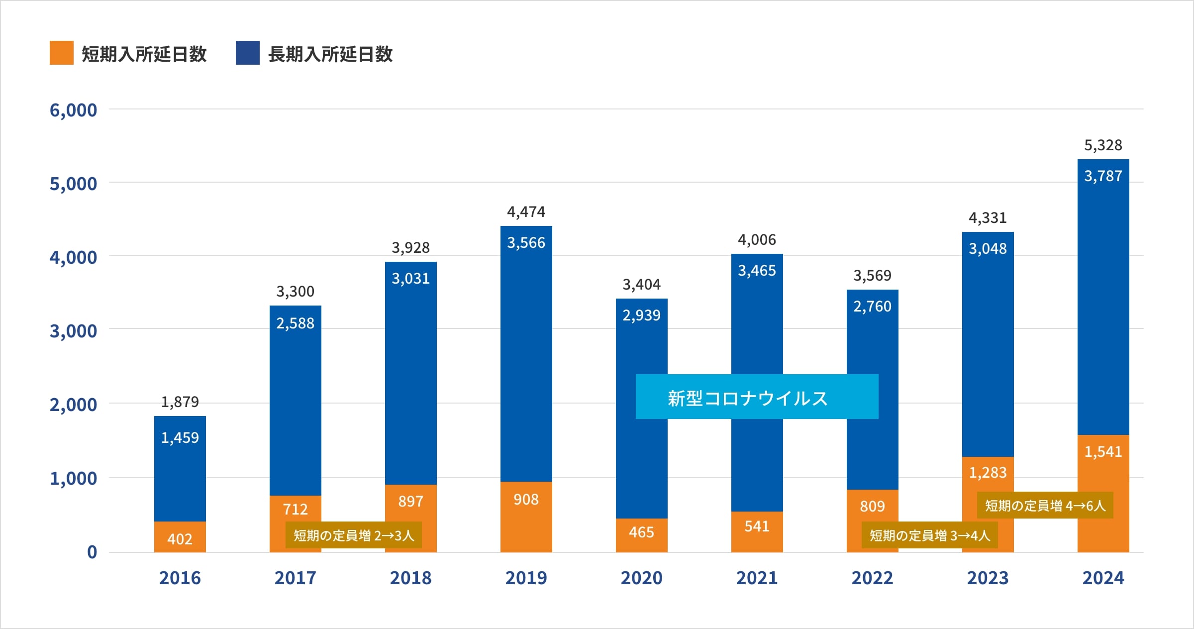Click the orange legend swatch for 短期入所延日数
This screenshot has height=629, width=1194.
(61, 53)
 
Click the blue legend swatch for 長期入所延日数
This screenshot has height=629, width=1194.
(247, 53)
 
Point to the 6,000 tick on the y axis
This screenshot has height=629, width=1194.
(73, 110)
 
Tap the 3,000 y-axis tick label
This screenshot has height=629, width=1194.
(73, 331)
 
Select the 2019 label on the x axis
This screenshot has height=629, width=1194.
(526, 578)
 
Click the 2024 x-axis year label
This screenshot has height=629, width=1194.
(1103, 578)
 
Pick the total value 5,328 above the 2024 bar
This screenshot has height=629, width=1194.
(1103, 145)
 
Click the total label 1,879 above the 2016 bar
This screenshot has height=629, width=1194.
(180, 402)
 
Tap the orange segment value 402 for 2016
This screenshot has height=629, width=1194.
(180, 539)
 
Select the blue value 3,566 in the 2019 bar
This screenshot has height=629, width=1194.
(526, 243)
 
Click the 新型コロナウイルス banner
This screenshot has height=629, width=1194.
(757, 397)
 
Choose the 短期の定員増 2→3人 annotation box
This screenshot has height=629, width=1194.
(354, 535)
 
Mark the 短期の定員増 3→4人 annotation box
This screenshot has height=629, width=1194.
(929, 535)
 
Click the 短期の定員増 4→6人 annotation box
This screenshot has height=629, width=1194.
(1045, 506)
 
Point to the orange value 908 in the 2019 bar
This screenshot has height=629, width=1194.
(526, 500)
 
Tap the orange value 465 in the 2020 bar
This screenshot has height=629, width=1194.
(641, 532)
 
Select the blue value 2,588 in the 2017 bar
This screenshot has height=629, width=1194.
(295, 323)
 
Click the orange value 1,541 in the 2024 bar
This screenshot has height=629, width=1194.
(1103, 452)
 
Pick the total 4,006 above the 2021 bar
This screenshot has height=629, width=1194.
(757, 240)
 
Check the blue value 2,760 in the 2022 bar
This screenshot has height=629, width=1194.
(872, 307)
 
